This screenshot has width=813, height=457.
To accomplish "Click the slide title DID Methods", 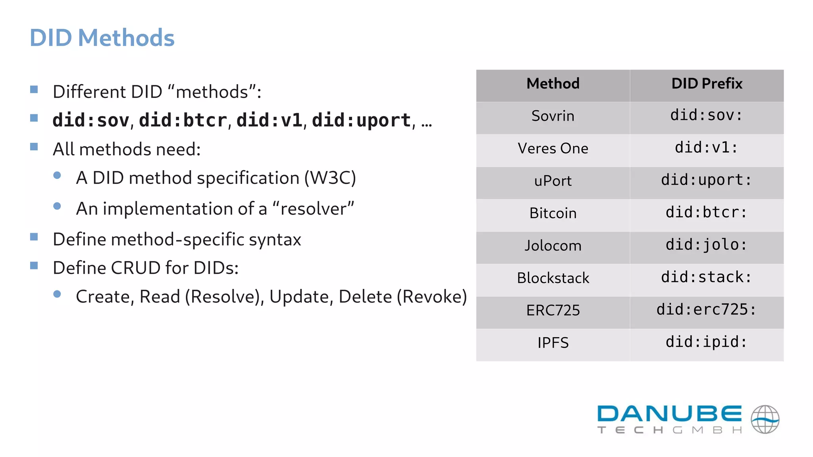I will [x=102, y=38].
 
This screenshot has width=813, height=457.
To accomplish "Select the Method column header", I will [x=553, y=84].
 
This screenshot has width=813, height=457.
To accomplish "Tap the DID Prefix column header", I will [x=707, y=84].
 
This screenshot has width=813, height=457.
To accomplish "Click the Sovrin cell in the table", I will [x=553, y=116].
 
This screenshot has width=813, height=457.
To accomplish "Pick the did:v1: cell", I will [x=707, y=148].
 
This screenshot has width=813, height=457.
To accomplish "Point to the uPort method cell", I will [x=553, y=181].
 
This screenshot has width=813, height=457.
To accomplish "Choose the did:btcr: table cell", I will [x=707, y=213].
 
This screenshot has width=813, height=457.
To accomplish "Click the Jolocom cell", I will [x=553, y=246].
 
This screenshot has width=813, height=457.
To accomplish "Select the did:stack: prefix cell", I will [x=707, y=277].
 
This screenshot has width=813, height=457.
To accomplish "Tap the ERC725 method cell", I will [x=553, y=311].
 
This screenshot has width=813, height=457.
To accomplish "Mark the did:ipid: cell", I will [x=707, y=342].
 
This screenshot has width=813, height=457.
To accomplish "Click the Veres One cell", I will [x=553, y=149].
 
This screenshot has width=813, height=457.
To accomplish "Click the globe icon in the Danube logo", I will [x=765, y=420].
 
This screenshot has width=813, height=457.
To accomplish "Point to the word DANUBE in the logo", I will [x=669, y=414].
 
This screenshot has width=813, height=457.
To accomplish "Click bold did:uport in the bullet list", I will [x=361, y=121].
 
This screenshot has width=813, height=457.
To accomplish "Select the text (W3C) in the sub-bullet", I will [x=330, y=178].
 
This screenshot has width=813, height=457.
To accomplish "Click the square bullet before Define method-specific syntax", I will [x=34, y=237].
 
